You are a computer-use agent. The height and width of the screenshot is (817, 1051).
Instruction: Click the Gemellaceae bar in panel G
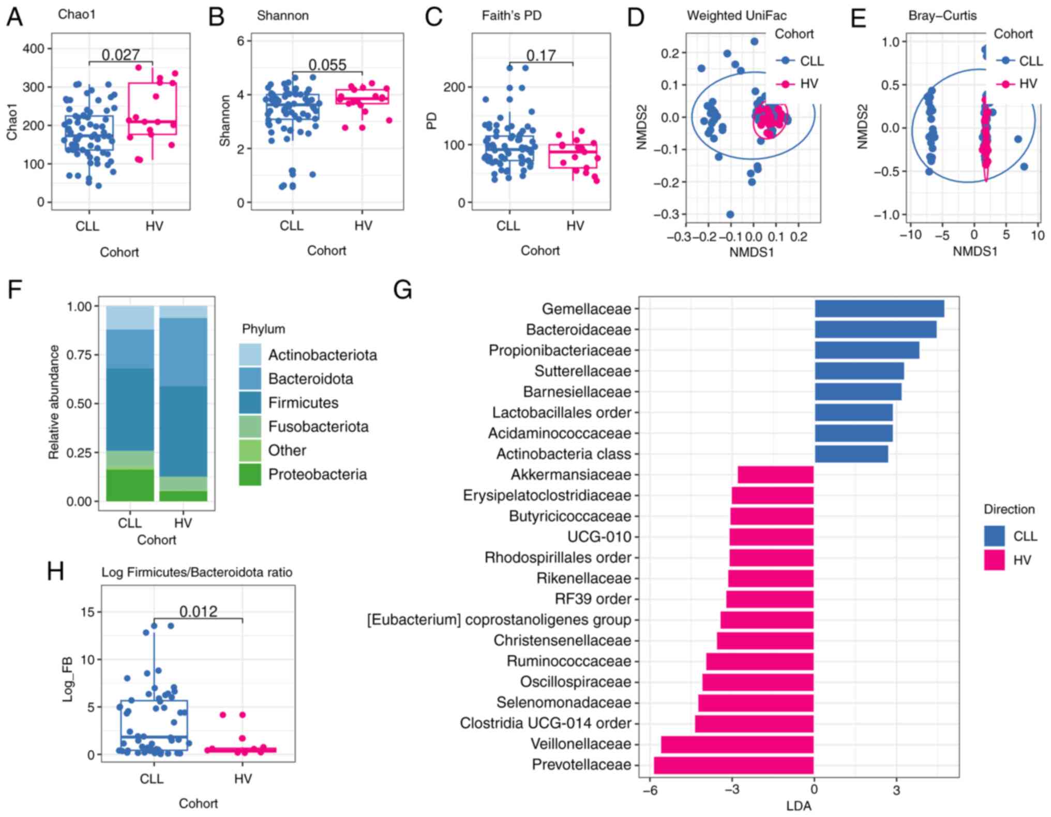coord(879,309)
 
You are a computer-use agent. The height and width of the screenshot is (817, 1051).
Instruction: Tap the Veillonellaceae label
coord(581,744)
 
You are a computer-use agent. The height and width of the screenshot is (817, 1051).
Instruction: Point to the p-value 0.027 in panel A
coord(121,54)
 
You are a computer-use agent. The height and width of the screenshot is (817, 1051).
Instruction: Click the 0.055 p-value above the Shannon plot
coord(327,65)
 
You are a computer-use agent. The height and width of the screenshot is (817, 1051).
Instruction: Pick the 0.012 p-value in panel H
coord(198,612)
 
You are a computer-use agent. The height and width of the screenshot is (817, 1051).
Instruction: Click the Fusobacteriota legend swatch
coord(250,427)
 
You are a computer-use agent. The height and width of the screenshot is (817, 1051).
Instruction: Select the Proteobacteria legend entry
coord(317,474)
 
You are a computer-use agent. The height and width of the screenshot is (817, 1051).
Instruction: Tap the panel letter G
coord(402,290)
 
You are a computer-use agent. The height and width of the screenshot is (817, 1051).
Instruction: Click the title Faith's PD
coord(512,16)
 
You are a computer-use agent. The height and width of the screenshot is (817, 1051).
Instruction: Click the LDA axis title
coord(799,806)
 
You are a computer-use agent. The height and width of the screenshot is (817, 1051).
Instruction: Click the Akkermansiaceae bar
coord(775,475)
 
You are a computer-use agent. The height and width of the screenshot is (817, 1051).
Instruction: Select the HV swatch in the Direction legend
coord(994,560)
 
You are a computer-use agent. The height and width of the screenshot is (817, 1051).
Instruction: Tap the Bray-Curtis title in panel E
coord(942,16)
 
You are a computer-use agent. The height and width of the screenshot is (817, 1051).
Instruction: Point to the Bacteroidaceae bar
coord(875,329)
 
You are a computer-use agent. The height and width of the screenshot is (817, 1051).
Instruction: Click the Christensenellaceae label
coord(562,641)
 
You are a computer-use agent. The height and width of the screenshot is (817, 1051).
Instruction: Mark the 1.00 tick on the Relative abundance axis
coord(79,307)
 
